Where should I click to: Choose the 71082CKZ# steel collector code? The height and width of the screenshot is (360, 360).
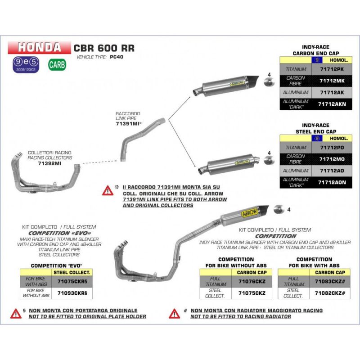pos(330,293)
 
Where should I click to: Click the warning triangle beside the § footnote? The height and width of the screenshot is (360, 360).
pos(17,314)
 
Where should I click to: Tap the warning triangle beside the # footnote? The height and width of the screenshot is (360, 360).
pos(175,314)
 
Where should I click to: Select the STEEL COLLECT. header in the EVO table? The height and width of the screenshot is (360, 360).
pos(72,273)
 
